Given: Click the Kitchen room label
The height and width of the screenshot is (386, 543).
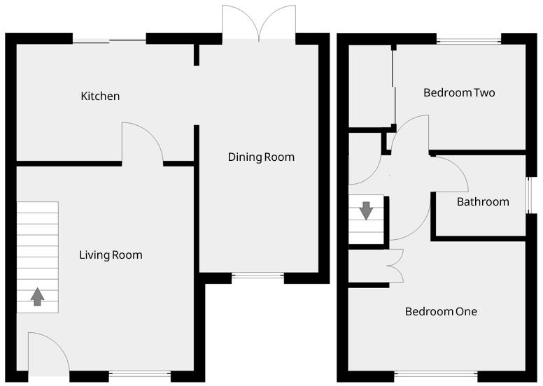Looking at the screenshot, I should [x=100, y=96].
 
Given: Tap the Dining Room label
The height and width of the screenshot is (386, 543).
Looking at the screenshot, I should [x=261, y=157].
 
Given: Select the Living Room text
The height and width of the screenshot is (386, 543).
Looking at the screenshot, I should [x=111, y=255].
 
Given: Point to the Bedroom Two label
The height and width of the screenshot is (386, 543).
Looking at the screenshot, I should [x=459, y=93].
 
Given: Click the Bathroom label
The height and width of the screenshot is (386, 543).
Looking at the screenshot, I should [x=483, y=202].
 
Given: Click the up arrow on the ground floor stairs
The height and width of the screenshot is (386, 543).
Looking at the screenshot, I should [x=38, y=298].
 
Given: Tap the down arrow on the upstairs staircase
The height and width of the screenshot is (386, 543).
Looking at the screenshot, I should [x=365, y=210].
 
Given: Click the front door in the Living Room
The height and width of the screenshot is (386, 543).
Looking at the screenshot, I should [x=46, y=354].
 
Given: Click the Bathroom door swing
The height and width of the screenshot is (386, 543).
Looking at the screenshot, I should [x=451, y=175].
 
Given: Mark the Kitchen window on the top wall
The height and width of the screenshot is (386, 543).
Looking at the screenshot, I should [x=109, y=41].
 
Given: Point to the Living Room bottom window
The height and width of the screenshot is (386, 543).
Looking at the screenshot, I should [x=140, y=375].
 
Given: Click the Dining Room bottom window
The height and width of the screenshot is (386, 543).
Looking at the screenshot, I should [x=258, y=278].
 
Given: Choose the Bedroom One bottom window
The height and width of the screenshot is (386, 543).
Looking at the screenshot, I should [x=436, y=375].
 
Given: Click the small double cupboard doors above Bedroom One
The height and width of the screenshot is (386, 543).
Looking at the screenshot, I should [x=395, y=266].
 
